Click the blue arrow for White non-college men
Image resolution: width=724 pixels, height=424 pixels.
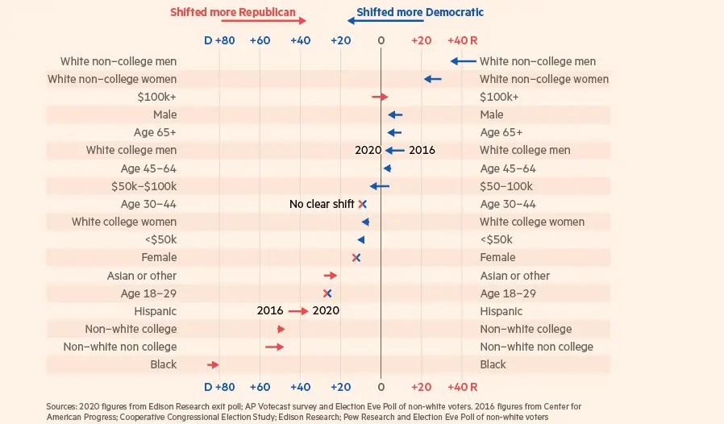[463, 61]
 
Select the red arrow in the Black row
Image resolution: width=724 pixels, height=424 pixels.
[213, 365]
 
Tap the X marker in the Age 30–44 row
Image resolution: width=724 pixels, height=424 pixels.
[363, 205]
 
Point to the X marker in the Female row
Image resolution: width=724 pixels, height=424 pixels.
[356, 258]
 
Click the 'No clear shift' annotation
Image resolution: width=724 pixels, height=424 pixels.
[321, 205]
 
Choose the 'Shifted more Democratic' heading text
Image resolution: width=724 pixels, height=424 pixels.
[420, 13]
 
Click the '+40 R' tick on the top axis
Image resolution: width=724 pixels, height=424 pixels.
[462, 39]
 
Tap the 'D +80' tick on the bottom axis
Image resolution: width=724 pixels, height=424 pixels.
[218, 386]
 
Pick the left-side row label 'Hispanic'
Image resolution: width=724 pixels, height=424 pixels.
[155, 311]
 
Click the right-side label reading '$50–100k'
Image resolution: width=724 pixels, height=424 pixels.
[506, 187]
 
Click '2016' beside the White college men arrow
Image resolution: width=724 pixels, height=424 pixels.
[422, 151]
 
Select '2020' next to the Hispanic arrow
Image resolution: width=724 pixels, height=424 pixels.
[326, 311]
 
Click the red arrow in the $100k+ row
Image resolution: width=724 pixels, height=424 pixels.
[380, 97]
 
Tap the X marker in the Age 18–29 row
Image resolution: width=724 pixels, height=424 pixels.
[327, 293]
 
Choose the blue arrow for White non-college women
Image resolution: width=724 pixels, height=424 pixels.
[433, 79]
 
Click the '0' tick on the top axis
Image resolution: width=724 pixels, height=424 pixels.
[381, 39]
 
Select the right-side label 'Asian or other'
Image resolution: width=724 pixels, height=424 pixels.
[514, 276]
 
